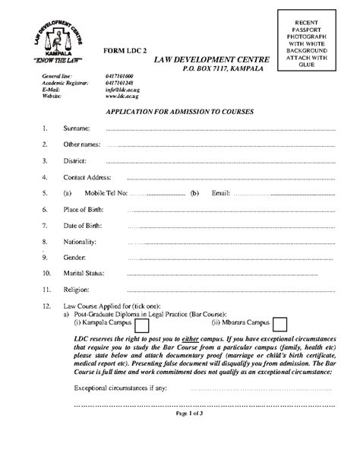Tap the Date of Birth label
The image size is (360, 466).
click(x=82, y=226)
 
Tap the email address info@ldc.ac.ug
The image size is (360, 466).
click(x=121, y=90)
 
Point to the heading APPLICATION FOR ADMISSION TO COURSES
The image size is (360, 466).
click(x=179, y=112)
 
